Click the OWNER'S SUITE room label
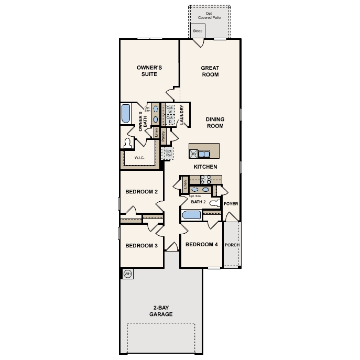(149, 71)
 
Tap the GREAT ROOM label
(210, 71)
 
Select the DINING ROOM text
(214, 123)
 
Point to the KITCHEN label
(205, 167)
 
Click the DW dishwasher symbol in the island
(193, 154)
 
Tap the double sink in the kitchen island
(203, 154)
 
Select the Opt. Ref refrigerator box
(168, 153)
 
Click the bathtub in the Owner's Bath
(126, 114)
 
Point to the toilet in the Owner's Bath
(128, 143)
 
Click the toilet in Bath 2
(214, 203)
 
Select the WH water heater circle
(127, 274)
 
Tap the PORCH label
(232, 245)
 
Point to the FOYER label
(231, 203)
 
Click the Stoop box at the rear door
(198, 31)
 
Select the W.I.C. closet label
(139, 157)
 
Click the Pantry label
(163, 136)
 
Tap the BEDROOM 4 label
(201, 245)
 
